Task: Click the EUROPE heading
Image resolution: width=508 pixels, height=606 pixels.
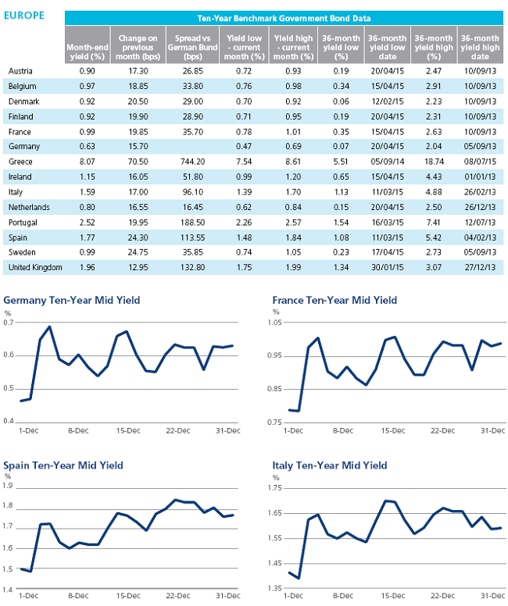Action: pos(24,16)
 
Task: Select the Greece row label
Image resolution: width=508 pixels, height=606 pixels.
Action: pos(20,162)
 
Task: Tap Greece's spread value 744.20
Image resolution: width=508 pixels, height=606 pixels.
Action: pos(193,162)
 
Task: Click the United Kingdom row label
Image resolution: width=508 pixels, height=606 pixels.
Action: pos(35,267)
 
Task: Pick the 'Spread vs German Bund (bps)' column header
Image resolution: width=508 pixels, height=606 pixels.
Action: pos(193,48)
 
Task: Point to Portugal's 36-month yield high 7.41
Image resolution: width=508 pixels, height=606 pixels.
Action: pos(433,223)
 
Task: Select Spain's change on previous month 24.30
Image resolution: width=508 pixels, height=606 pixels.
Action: pos(138,237)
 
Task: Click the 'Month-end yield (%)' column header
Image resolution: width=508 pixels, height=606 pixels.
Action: pos(88,52)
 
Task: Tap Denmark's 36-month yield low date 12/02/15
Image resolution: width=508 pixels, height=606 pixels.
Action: pos(388,102)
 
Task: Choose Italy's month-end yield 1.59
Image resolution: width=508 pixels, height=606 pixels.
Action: pos(87,192)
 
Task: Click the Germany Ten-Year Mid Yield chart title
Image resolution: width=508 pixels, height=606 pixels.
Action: pos(72,301)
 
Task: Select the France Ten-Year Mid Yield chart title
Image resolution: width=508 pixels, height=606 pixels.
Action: pos(334,301)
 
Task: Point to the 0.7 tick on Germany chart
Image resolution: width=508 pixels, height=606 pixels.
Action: pos(8,323)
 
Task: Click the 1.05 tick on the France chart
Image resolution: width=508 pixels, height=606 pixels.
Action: pos(275,323)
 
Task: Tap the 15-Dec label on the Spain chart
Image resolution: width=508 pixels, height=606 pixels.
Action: pos(128,596)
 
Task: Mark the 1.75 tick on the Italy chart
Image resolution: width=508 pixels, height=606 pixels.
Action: pos(275,488)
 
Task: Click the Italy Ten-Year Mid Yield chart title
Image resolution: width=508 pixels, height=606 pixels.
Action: pos(330,465)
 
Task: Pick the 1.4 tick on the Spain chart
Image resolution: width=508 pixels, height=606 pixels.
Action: pos(8,590)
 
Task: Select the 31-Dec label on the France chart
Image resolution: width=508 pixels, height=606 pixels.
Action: pos(492,430)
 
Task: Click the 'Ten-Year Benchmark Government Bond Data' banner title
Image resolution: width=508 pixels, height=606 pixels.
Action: pos(284,18)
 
